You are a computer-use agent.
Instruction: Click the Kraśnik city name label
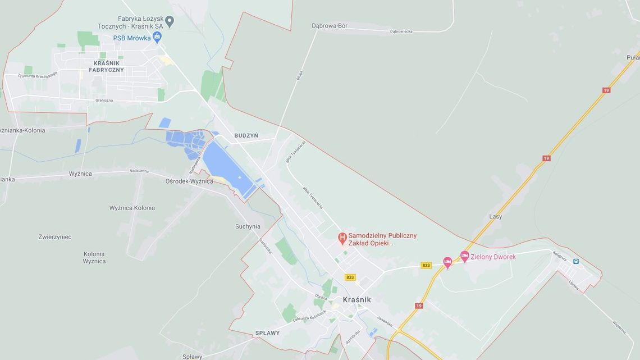coord(356,300)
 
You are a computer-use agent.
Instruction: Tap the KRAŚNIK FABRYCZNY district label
coord(106,66)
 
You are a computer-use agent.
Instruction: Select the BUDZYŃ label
coord(246,135)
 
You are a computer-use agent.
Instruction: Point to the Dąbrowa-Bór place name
coord(330,25)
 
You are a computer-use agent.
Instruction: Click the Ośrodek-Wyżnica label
coord(189,181)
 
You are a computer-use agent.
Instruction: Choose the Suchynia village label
coord(248,227)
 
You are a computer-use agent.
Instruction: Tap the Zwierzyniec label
coord(55,237)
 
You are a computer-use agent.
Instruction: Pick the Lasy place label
coord(496,216)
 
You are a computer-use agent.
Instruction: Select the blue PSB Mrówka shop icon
coord(157,38)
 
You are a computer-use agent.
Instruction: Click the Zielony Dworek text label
coord(493,257)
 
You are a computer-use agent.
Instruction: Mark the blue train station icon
coord(575,261)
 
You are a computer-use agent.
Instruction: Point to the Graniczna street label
coord(104,101)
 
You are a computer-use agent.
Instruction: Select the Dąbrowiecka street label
coord(401,31)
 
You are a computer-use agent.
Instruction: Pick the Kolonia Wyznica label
coord(94,257)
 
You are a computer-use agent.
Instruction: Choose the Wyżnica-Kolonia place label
coord(132,208)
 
